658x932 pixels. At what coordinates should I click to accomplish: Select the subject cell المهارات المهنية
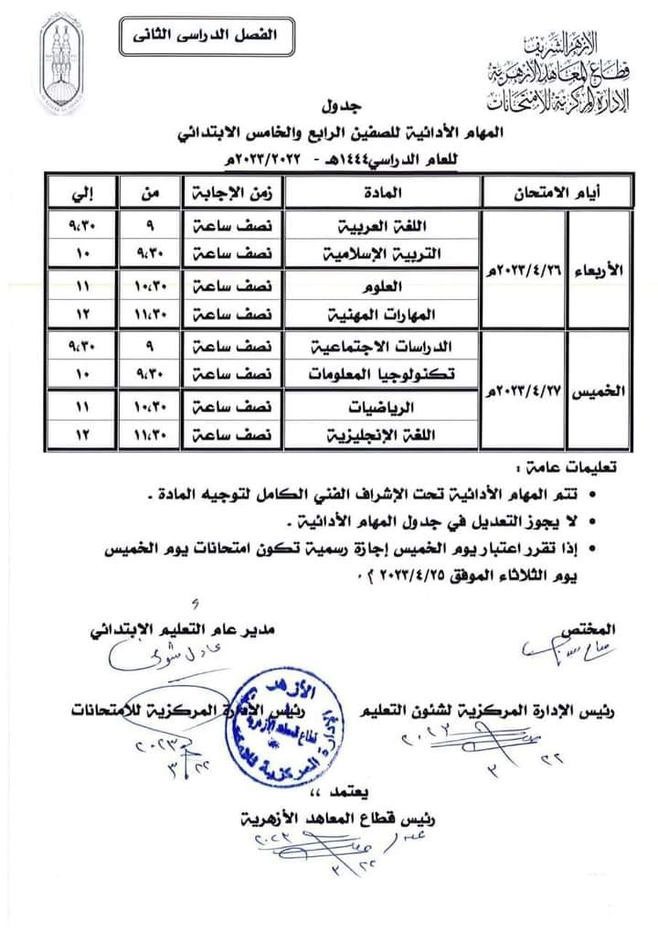(384, 314)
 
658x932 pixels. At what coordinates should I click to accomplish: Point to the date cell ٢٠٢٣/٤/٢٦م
(523, 271)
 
